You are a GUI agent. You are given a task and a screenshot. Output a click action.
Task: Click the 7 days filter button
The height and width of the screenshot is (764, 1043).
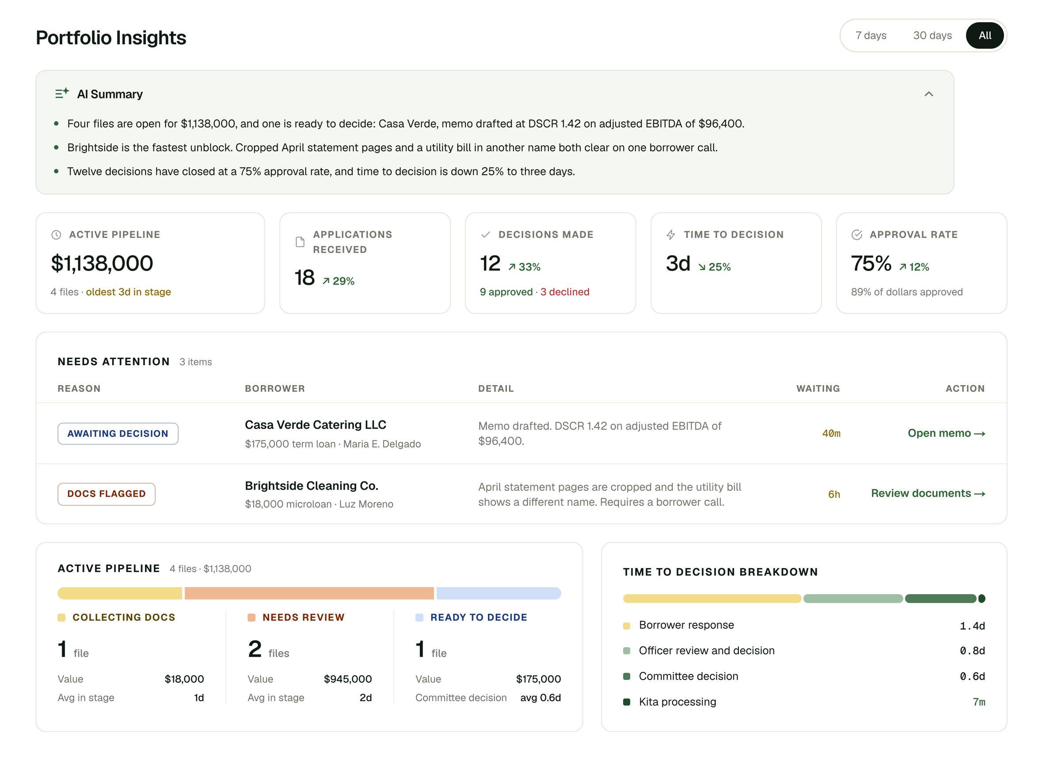871,36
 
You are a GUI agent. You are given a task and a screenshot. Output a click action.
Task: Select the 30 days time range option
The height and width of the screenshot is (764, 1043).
932,36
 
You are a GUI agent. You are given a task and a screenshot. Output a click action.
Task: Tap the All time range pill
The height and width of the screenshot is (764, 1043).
985,36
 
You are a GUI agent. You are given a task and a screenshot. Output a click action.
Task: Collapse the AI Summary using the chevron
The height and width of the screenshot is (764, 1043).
929,94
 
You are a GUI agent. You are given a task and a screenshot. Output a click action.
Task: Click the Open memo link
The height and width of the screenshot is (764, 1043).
946,433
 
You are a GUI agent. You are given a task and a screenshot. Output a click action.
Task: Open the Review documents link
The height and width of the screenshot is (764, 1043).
928,493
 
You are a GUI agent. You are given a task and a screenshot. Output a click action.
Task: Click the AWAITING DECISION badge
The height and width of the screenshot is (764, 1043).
118,434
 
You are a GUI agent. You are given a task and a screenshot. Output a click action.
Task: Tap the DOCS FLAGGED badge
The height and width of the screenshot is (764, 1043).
107,494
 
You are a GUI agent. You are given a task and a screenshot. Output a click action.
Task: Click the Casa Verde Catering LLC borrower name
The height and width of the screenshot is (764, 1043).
315,424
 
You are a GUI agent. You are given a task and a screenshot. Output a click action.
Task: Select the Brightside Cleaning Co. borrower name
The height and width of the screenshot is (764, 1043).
312,485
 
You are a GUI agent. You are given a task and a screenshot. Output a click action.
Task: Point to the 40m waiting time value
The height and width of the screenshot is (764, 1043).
831,433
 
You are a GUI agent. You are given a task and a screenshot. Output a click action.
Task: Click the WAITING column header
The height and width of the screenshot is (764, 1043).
818,389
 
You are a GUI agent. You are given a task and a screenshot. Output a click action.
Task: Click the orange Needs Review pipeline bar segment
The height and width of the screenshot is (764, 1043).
309,593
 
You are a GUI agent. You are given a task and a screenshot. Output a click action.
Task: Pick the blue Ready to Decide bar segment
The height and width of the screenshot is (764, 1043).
499,593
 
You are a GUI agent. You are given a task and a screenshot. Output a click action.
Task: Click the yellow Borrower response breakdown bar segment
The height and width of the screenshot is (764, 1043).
712,599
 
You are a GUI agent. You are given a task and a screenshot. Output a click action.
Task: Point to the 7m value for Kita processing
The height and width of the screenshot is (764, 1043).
979,702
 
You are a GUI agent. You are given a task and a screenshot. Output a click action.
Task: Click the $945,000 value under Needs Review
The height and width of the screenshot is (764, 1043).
348,679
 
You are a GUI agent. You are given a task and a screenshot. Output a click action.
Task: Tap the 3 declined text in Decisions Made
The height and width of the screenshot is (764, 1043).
565,292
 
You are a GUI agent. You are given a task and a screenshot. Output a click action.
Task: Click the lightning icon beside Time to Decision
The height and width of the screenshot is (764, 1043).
671,235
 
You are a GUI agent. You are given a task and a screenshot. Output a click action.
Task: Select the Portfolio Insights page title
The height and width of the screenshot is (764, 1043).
111,38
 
